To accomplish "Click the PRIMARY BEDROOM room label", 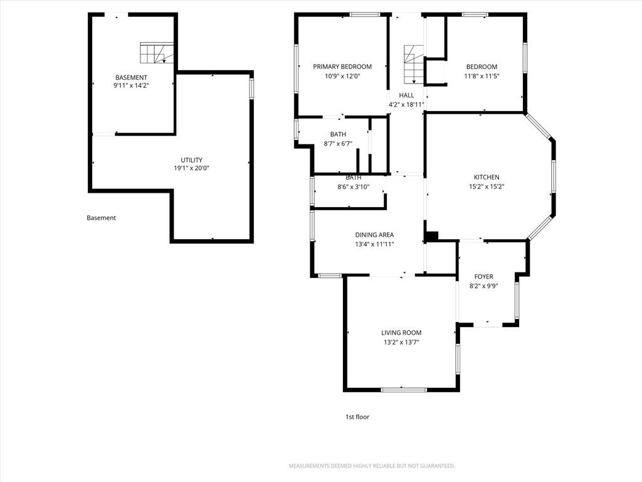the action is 342,67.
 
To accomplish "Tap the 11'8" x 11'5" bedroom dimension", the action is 481,76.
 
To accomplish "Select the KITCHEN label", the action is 487,177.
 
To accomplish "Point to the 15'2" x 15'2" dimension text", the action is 487,186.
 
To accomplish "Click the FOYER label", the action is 483,277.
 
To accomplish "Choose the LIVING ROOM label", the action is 401,333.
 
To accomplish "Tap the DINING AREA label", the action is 374,235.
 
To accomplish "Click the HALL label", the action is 406,95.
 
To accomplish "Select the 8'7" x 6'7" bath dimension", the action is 338,144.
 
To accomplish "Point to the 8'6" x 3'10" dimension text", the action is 354,187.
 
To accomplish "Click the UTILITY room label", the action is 192,160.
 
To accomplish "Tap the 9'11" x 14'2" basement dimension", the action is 131,85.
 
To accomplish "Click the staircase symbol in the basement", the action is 156,53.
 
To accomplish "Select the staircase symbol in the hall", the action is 414,65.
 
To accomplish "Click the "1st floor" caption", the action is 357,417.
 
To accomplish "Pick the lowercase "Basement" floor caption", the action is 101,218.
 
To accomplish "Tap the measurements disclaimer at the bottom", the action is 372,466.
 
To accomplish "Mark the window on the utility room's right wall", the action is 252,88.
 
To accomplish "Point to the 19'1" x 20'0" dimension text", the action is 192,168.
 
